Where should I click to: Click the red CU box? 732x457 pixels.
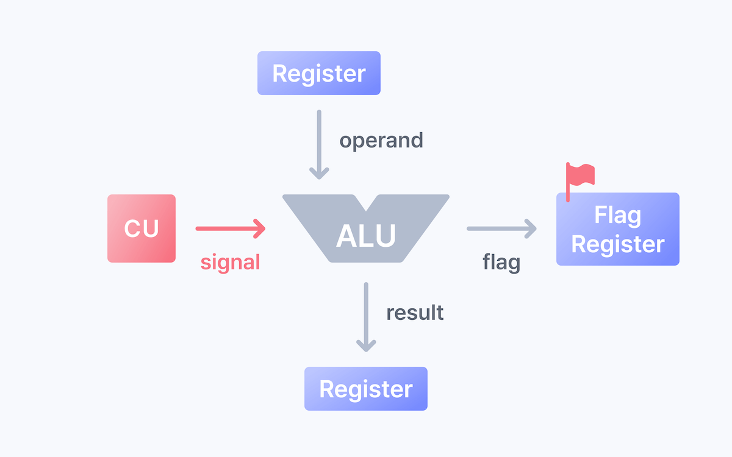(142, 228)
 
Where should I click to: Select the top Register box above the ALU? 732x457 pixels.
(318, 73)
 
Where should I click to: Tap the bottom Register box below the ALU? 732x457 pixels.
(366, 389)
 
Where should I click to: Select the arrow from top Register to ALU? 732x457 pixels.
(317, 144)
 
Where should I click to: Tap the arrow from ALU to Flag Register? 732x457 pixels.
(501, 228)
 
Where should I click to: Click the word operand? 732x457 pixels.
(381, 140)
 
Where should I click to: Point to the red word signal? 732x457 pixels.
(230, 262)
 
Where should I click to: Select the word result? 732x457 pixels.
(415, 313)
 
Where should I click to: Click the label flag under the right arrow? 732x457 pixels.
(501, 263)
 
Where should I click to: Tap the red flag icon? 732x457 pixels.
(579, 176)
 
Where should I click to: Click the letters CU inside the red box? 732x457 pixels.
(142, 228)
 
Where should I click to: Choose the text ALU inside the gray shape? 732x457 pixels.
(366, 236)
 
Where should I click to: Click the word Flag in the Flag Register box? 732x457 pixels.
(617, 216)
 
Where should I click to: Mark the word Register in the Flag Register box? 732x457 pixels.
(617, 244)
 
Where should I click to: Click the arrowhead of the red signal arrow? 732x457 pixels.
(260, 228)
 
